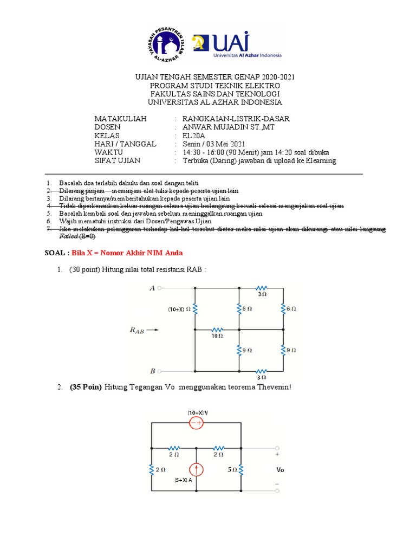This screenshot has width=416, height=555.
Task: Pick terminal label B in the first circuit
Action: [153, 371]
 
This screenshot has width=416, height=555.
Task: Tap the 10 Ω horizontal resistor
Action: [217, 330]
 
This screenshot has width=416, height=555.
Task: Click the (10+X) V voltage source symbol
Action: [196, 423]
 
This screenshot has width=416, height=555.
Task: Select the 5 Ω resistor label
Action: [232, 470]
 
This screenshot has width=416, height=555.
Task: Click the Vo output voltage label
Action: [279, 470]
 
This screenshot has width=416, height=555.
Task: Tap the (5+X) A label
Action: [183, 480]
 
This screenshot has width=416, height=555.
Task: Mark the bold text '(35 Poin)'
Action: [86, 388]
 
